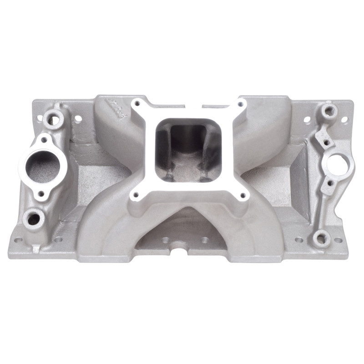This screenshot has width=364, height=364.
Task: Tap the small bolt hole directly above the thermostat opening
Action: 44,139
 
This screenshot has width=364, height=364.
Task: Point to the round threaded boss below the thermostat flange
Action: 34,219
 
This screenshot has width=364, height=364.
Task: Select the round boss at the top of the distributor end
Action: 328,110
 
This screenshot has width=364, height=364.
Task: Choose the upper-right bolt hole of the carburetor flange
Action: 239,105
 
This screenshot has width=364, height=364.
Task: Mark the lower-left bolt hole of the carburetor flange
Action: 135,197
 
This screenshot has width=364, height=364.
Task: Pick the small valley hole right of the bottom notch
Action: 205,238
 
